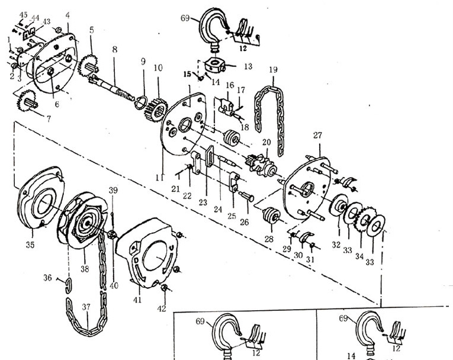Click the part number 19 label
(272, 70)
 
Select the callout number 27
(317, 136)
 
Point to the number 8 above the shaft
(114, 50)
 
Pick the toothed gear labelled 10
(155, 105)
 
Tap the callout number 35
(30, 245)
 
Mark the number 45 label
(24, 14)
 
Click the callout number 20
(266, 142)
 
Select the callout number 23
(204, 202)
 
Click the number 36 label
(47, 277)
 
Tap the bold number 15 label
(187, 74)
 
